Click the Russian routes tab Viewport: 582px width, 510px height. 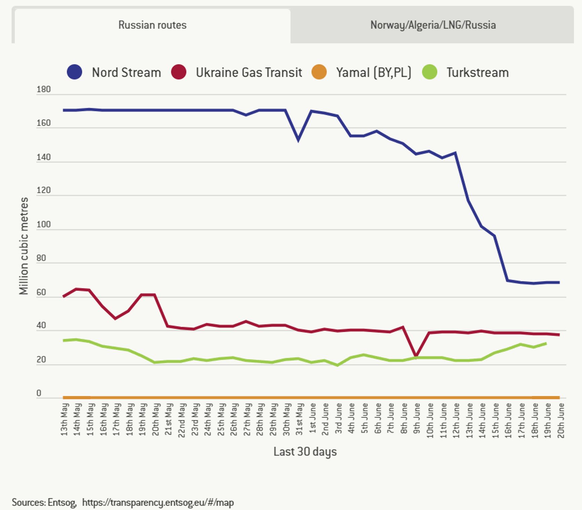point(152,25)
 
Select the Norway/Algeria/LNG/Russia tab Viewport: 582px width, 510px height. point(433,25)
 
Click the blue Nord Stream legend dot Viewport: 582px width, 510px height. point(74,72)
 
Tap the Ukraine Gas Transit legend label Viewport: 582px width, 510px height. point(249,72)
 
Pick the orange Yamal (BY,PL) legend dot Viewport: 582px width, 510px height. point(319,72)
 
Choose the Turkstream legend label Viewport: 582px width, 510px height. point(477,72)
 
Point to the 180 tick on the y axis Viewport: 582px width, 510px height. point(43,90)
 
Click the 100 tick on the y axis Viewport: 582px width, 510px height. point(43,224)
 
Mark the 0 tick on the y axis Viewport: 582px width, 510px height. point(39,393)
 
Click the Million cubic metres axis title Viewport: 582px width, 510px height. point(24,246)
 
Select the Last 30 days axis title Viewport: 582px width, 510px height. point(305,452)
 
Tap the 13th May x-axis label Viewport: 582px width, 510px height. point(65,419)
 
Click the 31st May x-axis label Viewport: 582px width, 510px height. point(299,419)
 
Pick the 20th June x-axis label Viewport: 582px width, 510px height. point(560,420)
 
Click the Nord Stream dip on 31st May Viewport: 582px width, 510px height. point(298,140)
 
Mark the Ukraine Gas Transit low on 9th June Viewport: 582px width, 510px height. point(416,355)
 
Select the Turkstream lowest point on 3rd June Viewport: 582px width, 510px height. point(338,365)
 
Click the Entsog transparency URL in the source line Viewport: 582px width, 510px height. point(158,503)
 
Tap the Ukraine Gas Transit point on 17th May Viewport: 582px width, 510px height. point(115,318)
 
